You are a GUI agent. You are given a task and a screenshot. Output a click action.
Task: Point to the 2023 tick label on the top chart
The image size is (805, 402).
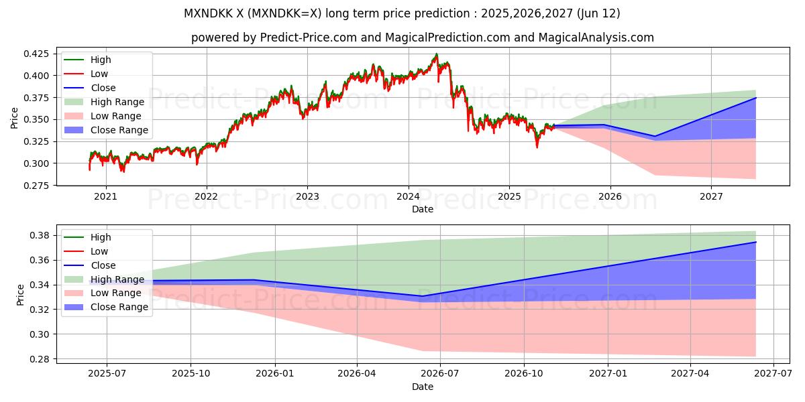pyautogui.click(x=307, y=196)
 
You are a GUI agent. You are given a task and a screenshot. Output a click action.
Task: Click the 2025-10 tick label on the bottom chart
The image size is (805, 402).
pyautogui.click(x=191, y=374)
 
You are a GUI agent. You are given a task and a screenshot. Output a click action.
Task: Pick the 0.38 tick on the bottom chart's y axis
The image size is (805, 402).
pyautogui.click(x=40, y=235)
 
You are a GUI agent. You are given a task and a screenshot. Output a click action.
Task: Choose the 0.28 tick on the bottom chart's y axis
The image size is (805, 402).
pyautogui.click(x=40, y=359)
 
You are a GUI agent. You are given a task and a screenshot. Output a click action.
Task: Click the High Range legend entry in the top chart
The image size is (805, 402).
pyautogui.click(x=117, y=102)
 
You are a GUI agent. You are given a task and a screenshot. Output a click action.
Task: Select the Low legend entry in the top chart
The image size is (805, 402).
pyautogui.click(x=99, y=74)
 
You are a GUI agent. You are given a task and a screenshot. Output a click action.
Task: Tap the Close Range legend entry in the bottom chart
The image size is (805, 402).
pyautogui.click(x=119, y=308)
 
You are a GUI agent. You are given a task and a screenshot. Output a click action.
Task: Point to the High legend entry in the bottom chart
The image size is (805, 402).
pyautogui.click(x=101, y=237)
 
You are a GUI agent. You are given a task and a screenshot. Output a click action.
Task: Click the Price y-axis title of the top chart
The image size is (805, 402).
pyautogui.click(x=15, y=118)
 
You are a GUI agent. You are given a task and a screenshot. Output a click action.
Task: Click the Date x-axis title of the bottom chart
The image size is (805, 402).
pyautogui.click(x=423, y=387)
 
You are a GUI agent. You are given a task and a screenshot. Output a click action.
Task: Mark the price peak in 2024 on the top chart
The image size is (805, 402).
pyautogui.click(x=436, y=54)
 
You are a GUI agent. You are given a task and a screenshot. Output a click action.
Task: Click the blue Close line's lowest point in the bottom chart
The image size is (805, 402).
pyautogui.click(x=422, y=296)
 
